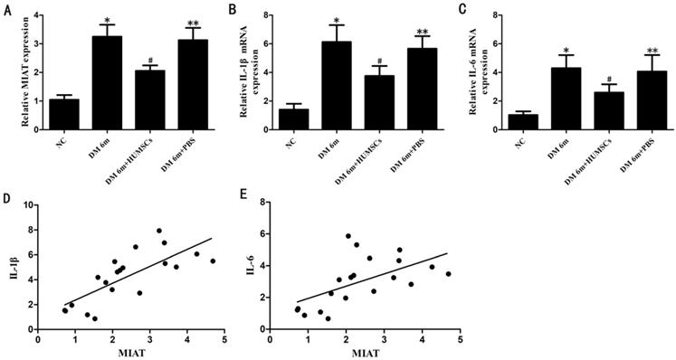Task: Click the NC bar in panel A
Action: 64,114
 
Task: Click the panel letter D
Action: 7,201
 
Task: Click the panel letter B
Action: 233,9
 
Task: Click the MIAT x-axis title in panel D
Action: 131,353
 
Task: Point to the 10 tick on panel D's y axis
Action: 28,204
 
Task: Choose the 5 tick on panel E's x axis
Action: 460,339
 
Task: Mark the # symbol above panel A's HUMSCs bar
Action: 150,61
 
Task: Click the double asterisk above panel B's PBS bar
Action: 422,32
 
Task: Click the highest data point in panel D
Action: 159,231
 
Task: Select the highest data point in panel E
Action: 348,236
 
